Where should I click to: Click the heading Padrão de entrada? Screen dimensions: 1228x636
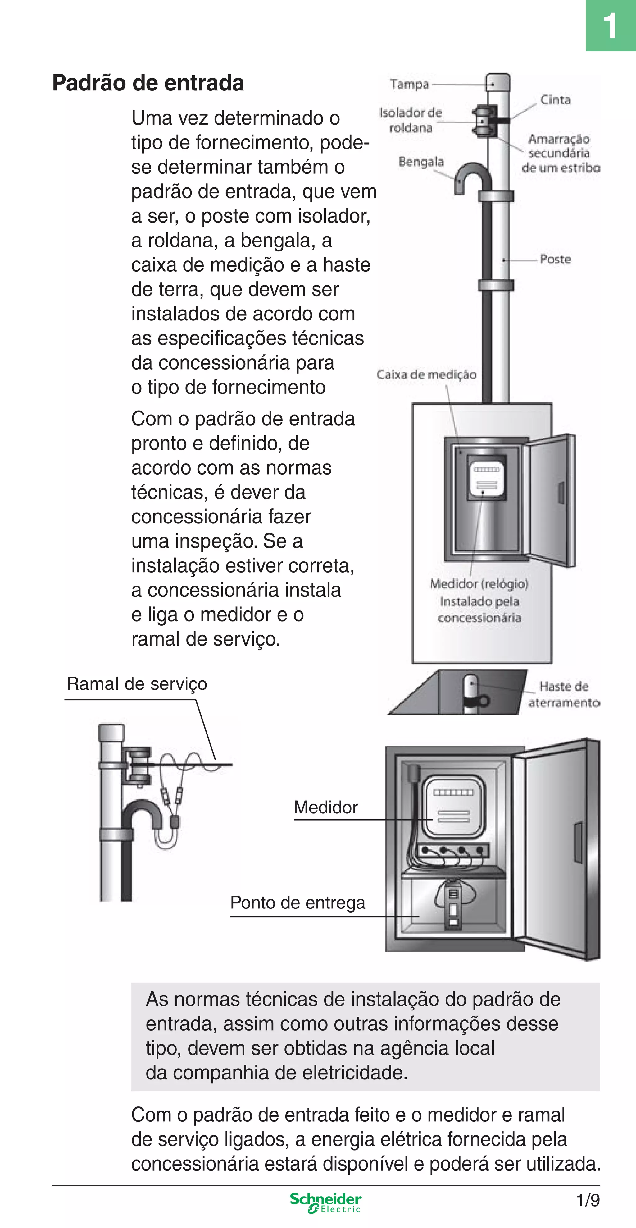click(x=148, y=83)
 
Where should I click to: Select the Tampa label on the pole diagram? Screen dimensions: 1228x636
click(x=409, y=84)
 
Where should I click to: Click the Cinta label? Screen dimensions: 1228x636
click(x=555, y=100)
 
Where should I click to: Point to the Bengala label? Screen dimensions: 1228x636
click(x=421, y=162)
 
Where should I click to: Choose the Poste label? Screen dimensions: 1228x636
click(x=555, y=259)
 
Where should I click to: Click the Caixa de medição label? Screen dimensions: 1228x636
click(x=426, y=375)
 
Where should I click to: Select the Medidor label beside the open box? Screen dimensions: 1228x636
click(x=325, y=807)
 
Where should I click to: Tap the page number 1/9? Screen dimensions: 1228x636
click(x=588, y=1200)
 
